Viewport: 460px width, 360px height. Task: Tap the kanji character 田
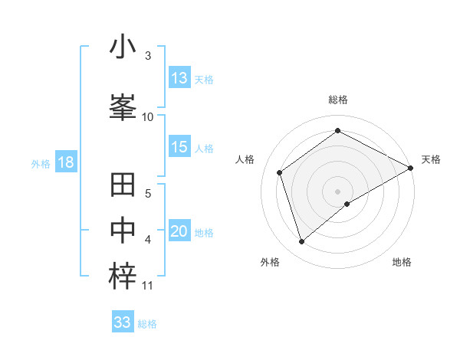pyautogui.click(x=123, y=186)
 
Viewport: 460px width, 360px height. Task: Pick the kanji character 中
pyautogui.click(x=123, y=230)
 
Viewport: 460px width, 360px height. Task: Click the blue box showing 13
pyautogui.click(x=179, y=78)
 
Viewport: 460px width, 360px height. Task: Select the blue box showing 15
pyautogui.click(x=179, y=147)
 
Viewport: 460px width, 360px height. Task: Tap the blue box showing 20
pyautogui.click(x=179, y=232)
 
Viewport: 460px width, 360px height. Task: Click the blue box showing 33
pyautogui.click(x=123, y=322)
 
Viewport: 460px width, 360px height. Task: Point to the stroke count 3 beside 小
pyautogui.click(x=148, y=56)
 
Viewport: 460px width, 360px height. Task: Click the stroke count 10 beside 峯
pyautogui.click(x=148, y=116)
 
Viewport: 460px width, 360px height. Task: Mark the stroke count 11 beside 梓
pyautogui.click(x=148, y=286)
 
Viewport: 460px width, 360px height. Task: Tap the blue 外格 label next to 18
pyautogui.click(x=41, y=163)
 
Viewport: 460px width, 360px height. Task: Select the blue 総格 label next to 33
pyautogui.click(x=147, y=324)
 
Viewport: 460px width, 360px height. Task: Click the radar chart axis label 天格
pyautogui.click(x=431, y=159)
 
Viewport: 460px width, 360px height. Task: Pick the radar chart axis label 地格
pyautogui.click(x=402, y=262)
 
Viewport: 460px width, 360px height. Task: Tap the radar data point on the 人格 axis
pyautogui.click(x=280, y=172)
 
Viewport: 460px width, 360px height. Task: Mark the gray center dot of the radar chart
pyautogui.click(x=337, y=190)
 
